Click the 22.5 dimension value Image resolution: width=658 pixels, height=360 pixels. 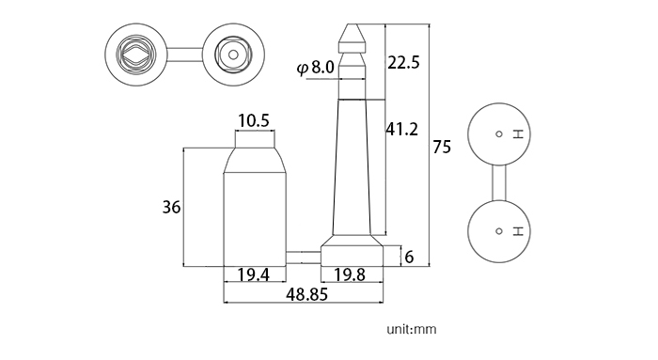point(403,63)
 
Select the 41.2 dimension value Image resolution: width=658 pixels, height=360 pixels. point(402,129)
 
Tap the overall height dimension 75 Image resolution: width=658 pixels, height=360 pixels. point(442,148)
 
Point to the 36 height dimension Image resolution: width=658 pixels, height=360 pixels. point(171,208)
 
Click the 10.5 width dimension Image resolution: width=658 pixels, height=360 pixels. point(254,121)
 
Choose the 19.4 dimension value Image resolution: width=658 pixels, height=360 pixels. point(254,274)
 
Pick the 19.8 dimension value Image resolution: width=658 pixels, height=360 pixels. point(350,274)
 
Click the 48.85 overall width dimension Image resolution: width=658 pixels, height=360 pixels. point(306,294)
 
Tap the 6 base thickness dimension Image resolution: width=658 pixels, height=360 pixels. point(409,257)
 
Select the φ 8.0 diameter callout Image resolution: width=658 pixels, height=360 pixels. point(316,67)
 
